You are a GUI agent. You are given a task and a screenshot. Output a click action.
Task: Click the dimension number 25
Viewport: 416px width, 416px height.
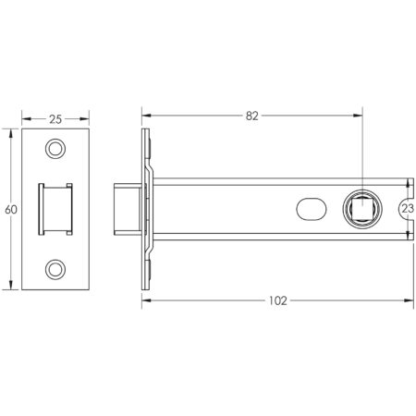click(55, 119)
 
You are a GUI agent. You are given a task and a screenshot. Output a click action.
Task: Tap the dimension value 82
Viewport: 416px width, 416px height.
click(251, 116)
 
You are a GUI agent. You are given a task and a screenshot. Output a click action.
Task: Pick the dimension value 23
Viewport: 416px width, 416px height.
click(407, 210)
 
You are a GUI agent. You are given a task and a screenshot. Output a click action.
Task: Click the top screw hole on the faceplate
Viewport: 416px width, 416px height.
click(57, 149)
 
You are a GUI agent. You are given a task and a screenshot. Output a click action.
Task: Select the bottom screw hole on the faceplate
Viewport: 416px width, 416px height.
click(57, 269)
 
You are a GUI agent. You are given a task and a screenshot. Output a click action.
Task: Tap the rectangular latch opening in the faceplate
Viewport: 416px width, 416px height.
click(56, 209)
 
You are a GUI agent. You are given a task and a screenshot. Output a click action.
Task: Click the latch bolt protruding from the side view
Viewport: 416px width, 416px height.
click(126, 210)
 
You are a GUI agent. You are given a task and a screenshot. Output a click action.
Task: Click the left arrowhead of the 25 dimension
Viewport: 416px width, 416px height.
click(25, 119)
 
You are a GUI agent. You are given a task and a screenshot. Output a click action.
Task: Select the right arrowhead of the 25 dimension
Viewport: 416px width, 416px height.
click(88, 119)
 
